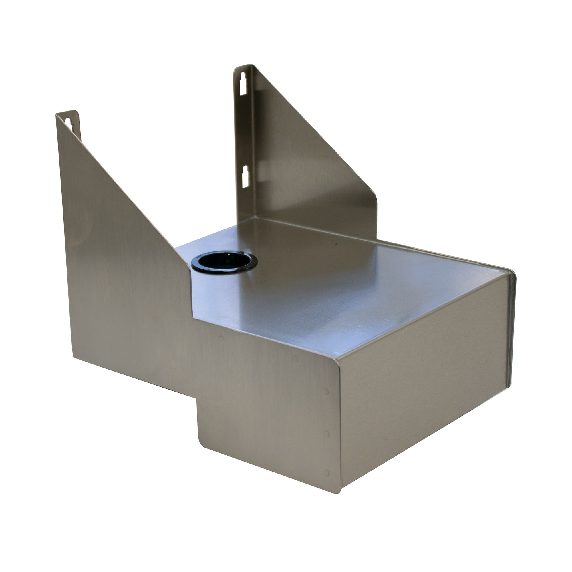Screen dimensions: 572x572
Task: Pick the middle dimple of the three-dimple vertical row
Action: click(x=327, y=434)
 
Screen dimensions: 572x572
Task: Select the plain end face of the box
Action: click(x=423, y=385)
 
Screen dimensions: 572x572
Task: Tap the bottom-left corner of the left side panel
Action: click(x=73, y=357)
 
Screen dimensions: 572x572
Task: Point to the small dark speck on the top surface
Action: click(x=336, y=244)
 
